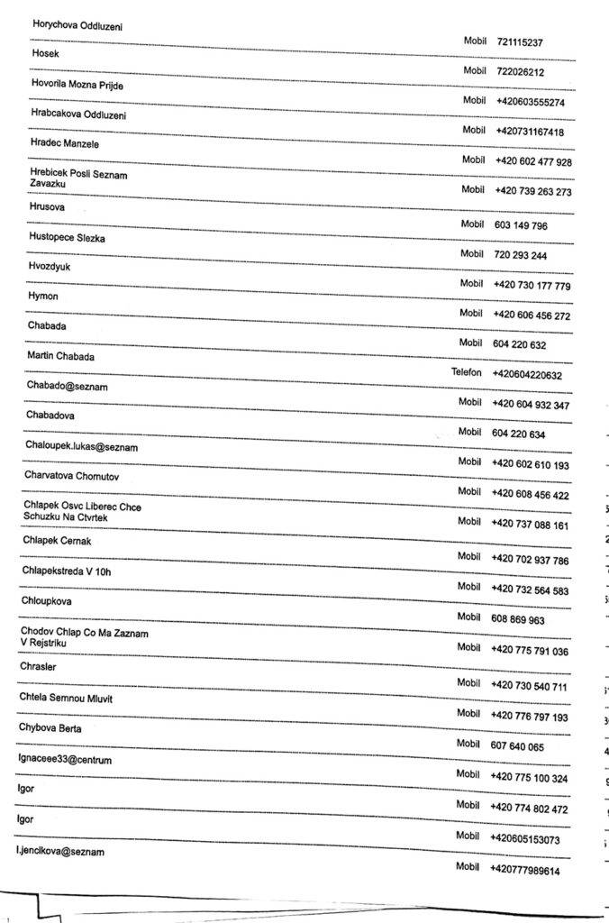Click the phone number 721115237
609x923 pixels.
(x=520, y=42)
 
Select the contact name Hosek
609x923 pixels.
(x=45, y=53)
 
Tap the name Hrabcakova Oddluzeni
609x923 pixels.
(x=79, y=114)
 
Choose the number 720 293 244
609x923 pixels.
(x=521, y=256)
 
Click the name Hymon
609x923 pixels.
(x=43, y=296)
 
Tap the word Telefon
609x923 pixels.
(x=467, y=372)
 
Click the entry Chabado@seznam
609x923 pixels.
(x=68, y=386)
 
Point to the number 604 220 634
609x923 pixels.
(x=519, y=434)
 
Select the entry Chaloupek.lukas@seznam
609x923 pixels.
(x=82, y=446)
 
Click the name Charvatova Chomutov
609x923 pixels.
(x=73, y=476)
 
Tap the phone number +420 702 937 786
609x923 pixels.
(x=530, y=561)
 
